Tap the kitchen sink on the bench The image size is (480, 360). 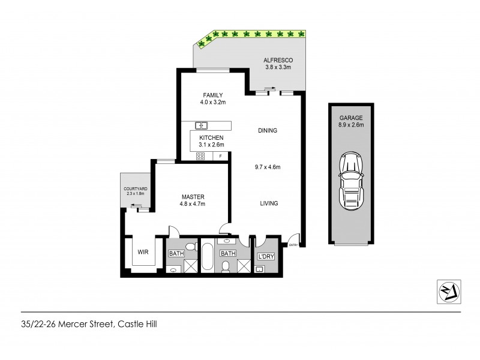click(202, 125)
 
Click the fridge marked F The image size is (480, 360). click(221, 156)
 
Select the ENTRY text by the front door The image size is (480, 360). click(293, 245)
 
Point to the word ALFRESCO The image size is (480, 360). click(278, 61)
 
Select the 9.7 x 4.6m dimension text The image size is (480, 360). click(268, 169)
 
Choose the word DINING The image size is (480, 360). click(268, 130)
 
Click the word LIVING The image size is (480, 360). click(269, 203)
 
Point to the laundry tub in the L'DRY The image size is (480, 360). click(260, 269)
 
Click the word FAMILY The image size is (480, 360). click(213, 95)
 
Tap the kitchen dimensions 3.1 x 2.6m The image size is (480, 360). click(211, 144)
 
